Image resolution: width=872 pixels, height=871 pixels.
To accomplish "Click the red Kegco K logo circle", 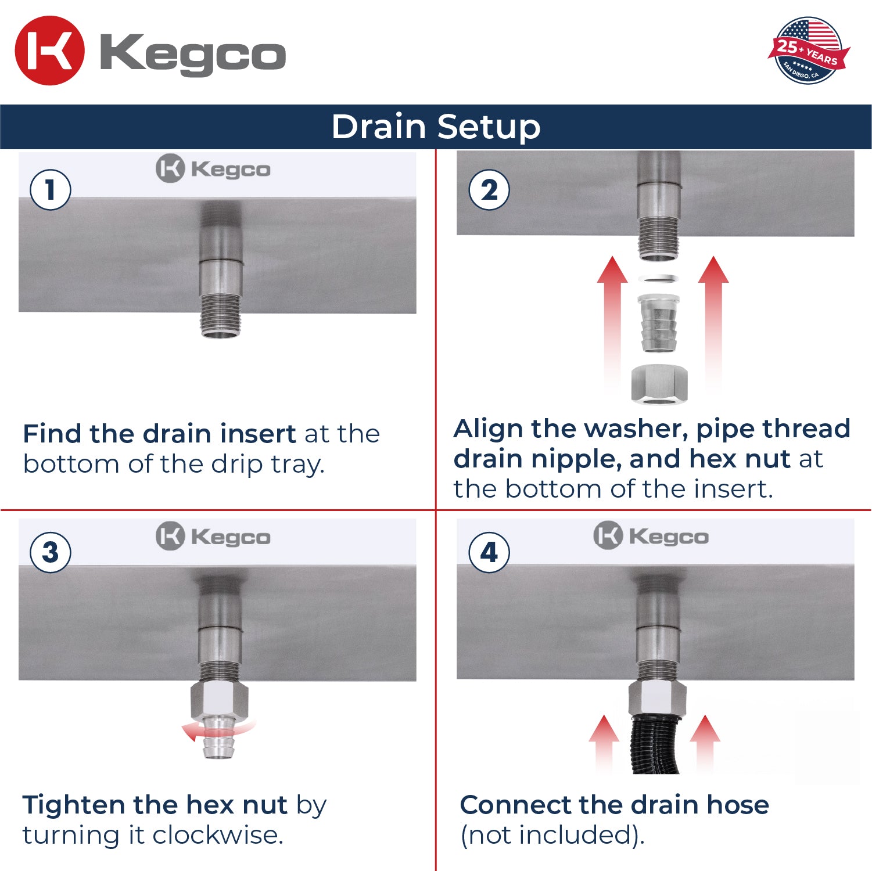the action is pos(49,51).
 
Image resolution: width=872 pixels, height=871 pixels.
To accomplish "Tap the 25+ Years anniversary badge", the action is pos(809,51).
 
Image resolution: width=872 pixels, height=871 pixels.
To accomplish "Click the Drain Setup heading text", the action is pos(436,127).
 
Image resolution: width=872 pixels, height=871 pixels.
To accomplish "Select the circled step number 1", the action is pos(51,190).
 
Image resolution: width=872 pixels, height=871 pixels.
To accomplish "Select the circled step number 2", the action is pos(489,190).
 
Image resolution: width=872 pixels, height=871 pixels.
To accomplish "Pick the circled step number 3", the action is pos(51,552).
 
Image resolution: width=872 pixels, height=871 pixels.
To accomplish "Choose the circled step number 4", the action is pos(489,552).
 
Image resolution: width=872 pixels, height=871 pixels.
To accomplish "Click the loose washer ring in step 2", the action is pos(659,279).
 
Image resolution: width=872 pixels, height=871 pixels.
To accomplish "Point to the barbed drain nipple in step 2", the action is pos(659,323).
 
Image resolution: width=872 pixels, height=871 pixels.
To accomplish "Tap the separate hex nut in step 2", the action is pos(659,384).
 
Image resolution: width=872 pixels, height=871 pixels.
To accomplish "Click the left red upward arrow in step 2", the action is pos(612,325).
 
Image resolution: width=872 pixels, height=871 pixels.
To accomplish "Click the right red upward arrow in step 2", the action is pos(713,325).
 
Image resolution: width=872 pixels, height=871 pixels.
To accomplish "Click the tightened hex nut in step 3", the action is pos(220,700).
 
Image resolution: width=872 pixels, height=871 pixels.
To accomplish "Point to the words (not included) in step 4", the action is pos(552,836).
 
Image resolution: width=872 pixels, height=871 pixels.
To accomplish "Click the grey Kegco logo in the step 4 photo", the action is pos(651,535).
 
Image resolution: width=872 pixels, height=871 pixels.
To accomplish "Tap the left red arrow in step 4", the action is pos(604,743).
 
